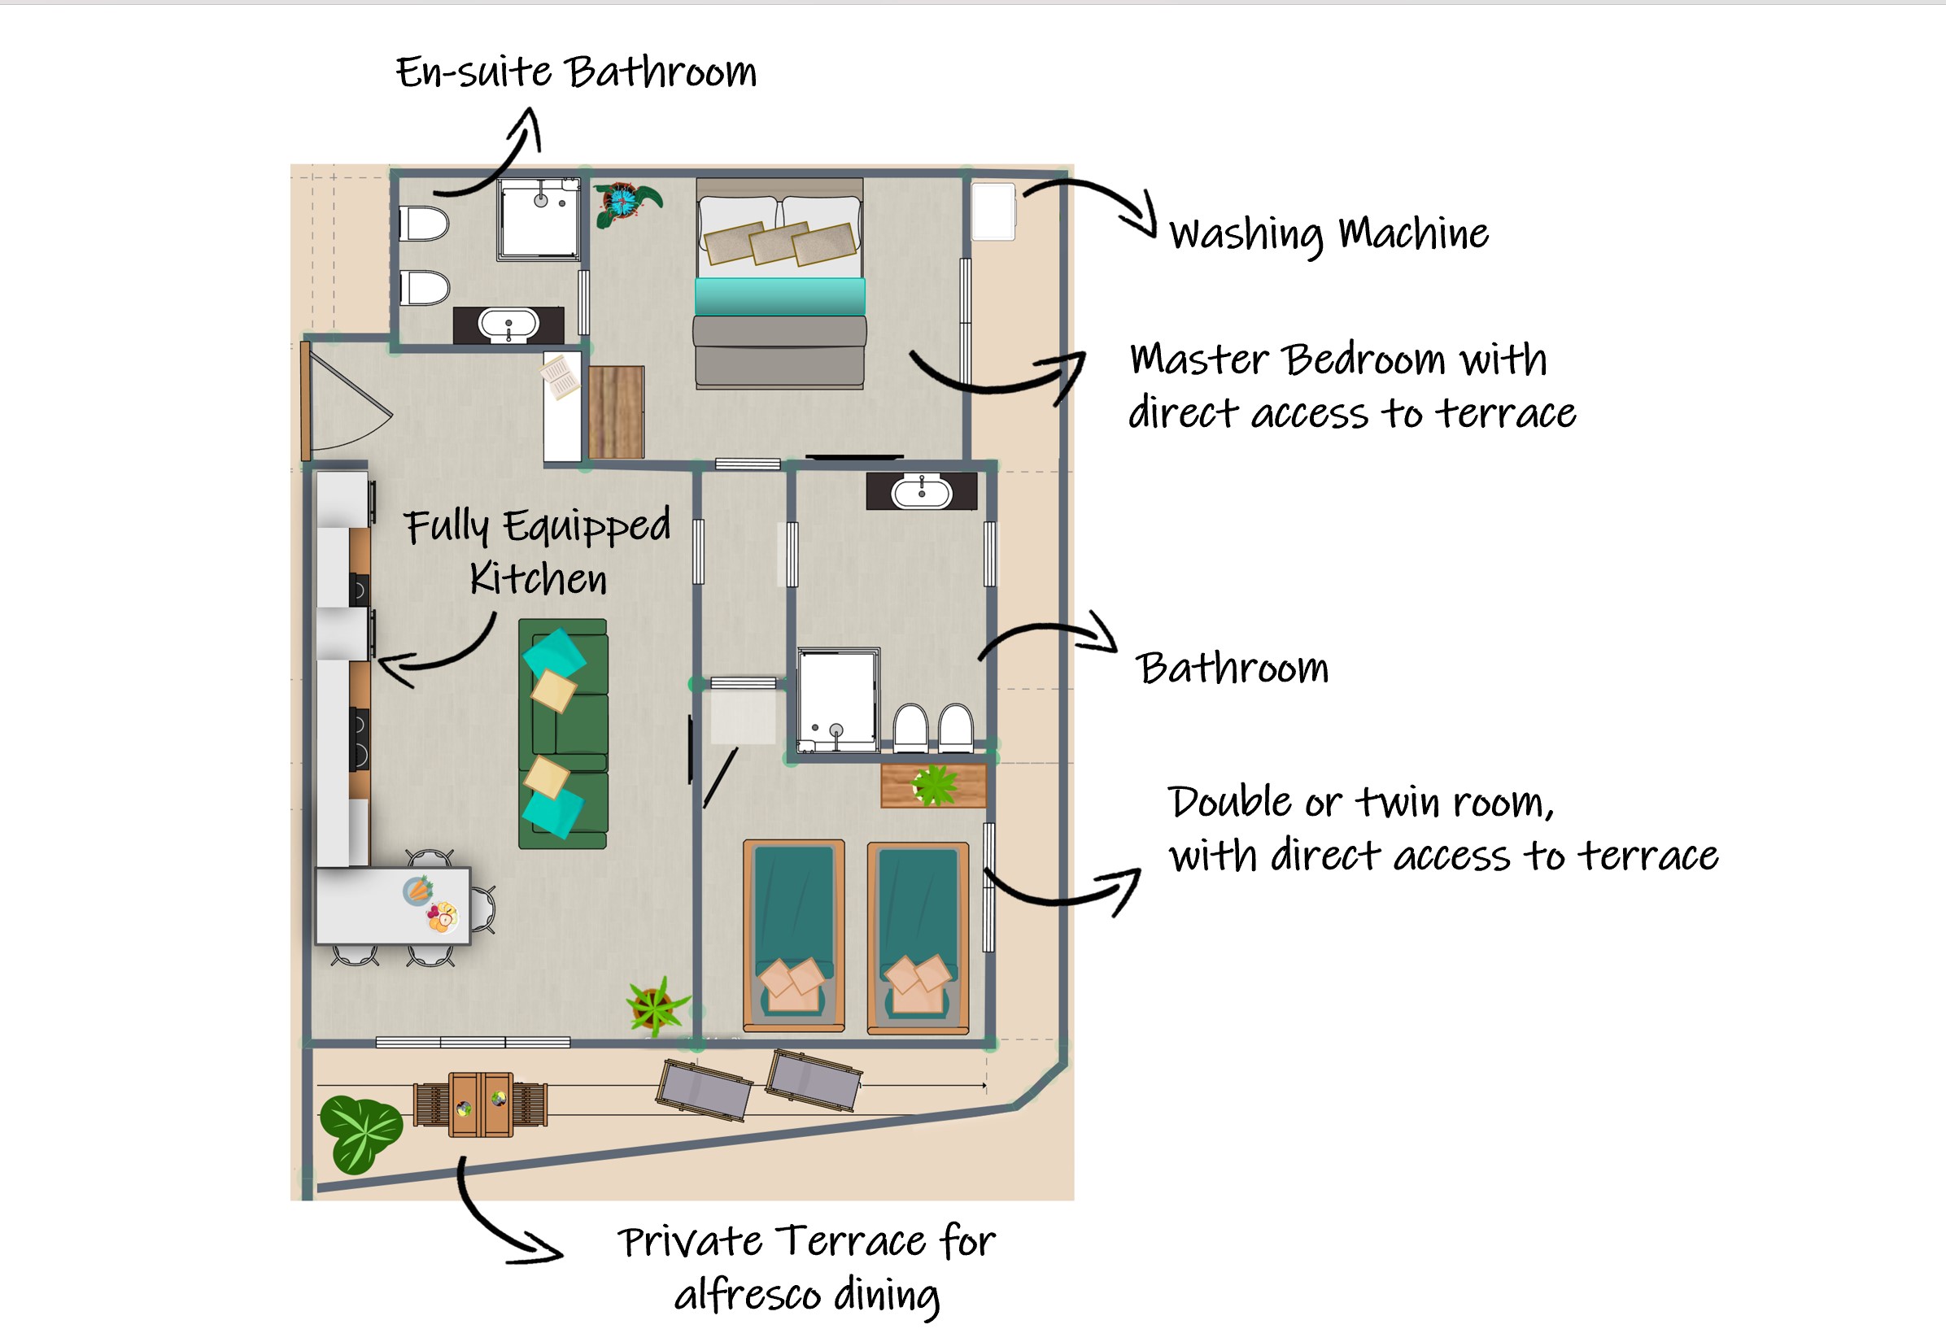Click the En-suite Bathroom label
click(x=576, y=72)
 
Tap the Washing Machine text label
click(x=1329, y=233)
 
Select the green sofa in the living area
click(x=563, y=734)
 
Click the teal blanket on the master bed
click(x=779, y=296)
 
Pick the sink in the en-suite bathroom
click(x=508, y=325)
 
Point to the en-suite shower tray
click(x=539, y=219)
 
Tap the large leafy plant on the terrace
click(x=360, y=1134)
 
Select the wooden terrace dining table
click(x=480, y=1104)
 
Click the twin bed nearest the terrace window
click(x=918, y=938)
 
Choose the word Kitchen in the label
click(x=539, y=578)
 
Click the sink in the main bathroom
click(x=922, y=492)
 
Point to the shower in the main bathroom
click(x=838, y=699)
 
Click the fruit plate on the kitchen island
click(x=443, y=916)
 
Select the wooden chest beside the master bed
click(x=617, y=412)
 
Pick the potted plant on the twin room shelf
click(x=934, y=785)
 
